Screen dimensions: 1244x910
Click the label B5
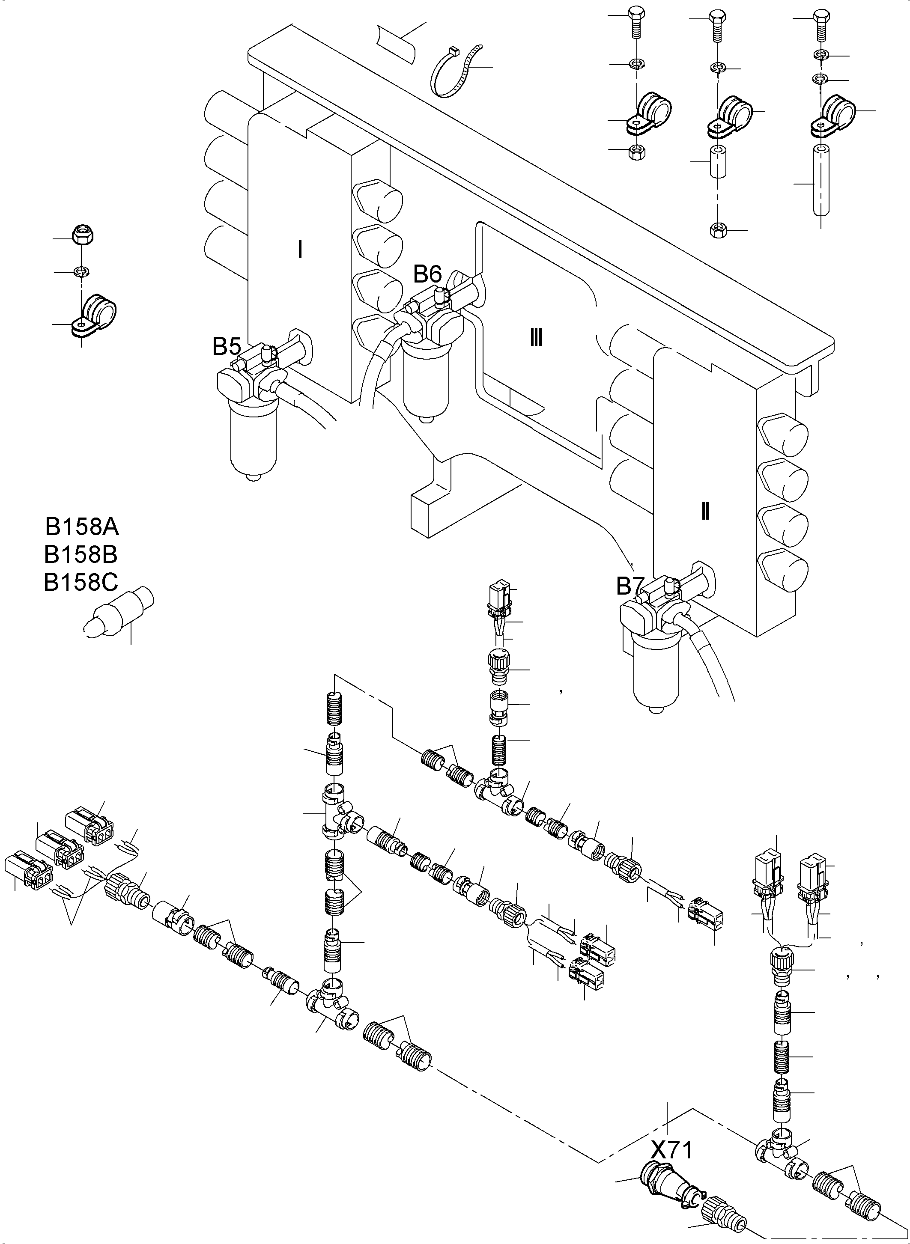coord(227,347)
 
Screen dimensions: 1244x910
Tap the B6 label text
coord(427,274)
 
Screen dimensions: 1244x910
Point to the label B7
coord(630,587)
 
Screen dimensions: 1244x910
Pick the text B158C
coord(81,583)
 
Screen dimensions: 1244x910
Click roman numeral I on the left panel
coord(300,250)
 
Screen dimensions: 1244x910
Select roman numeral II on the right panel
coord(704,512)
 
